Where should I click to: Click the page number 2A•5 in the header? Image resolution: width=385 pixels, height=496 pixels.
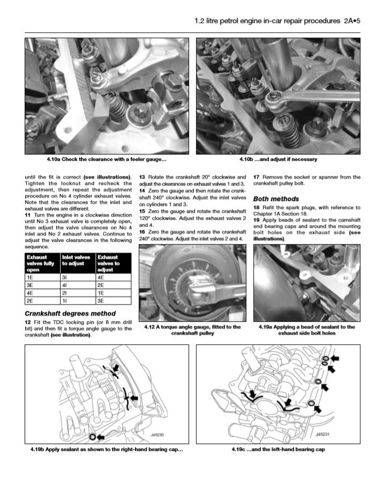point(351,21)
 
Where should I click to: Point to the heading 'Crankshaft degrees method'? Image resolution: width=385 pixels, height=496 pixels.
point(70,314)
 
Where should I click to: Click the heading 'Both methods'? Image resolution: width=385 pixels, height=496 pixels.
point(276,199)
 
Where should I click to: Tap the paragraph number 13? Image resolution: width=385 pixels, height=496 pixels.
point(142,176)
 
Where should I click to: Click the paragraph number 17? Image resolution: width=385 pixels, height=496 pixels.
point(256,176)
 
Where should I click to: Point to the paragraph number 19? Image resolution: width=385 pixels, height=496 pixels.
point(256,220)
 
